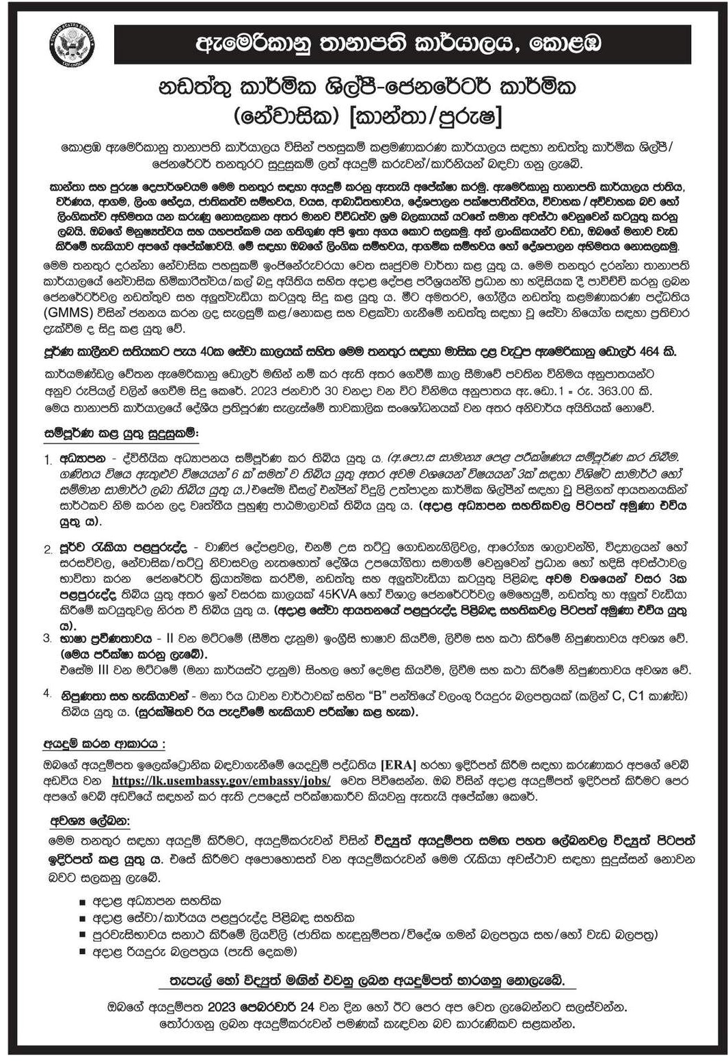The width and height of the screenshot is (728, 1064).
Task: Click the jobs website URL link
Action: click(221, 780)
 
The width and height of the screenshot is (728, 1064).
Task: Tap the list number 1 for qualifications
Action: click(48, 459)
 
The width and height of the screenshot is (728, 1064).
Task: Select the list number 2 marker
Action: click(48, 549)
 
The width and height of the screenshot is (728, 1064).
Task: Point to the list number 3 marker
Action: click(48, 638)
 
